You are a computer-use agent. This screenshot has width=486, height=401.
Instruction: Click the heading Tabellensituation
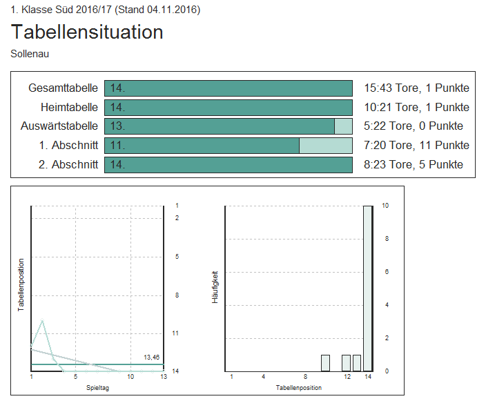tap(87, 32)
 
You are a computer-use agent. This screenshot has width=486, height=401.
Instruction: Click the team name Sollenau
tap(30, 53)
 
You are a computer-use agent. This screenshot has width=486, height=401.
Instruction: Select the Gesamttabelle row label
tap(63, 88)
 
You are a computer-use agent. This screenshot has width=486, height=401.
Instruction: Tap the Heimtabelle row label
tap(69, 107)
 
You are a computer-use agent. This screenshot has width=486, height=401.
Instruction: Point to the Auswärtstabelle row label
tap(59, 126)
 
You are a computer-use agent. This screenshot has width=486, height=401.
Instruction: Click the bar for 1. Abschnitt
tap(228, 146)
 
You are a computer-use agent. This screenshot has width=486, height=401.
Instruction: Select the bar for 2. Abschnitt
tap(228, 164)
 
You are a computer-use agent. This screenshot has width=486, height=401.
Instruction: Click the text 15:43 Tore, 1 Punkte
tap(416, 88)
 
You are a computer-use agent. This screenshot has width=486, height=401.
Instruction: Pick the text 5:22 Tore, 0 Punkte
tap(414, 126)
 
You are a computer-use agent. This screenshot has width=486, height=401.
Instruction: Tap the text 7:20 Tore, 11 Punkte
tap(416, 146)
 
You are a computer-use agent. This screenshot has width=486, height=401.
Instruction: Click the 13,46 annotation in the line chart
tap(152, 357)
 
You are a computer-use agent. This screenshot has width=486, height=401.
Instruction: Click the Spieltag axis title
tap(97, 388)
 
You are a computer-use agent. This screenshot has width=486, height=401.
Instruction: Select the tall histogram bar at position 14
tap(368, 288)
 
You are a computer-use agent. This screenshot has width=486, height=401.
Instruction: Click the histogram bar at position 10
tap(325, 363)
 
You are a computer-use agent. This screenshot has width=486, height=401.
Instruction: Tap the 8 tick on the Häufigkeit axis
tap(387, 239)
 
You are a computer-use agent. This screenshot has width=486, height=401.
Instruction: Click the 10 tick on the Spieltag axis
tap(130, 377)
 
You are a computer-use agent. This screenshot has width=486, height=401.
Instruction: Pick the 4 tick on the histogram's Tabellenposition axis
tap(263, 377)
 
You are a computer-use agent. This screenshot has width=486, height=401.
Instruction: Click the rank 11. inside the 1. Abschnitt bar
tap(117, 146)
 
